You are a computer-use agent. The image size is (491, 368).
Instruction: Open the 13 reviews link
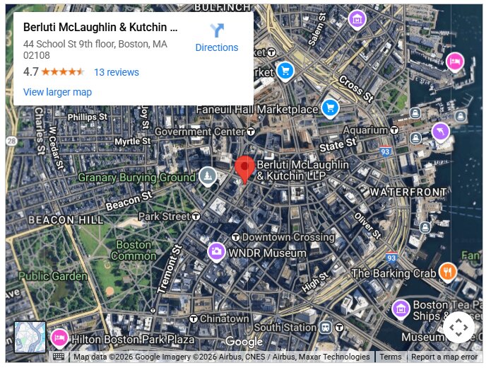[x=117, y=72]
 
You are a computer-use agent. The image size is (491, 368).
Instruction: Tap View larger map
[x=57, y=92]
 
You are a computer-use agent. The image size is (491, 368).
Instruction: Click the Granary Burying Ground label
[x=136, y=178]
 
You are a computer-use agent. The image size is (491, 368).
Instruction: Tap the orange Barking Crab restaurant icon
[x=447, y=272]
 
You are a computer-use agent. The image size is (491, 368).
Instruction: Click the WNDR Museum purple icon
[x=216, y=252]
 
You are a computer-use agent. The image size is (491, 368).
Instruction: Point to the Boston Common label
[x=134, y=250]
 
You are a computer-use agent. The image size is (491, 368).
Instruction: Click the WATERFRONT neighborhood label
[x=408, y=192]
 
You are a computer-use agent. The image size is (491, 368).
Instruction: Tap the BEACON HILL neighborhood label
[x=66, y=220]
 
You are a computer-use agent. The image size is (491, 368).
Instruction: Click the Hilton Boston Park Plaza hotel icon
[x=59, y=338]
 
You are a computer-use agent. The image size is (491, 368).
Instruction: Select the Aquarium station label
[x=365, y=130]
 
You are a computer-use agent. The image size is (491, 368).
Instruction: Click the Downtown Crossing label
[x=288, y=237]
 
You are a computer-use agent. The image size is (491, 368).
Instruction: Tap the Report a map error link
[x=444, y=357]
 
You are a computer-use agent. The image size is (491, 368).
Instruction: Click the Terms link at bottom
[x=390, y=357]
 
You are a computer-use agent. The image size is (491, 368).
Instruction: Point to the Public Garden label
[x=52, y=276]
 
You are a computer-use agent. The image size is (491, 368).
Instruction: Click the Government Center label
[x=199, y=132]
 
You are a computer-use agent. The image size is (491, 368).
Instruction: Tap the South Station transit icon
[x=325, y=328]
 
